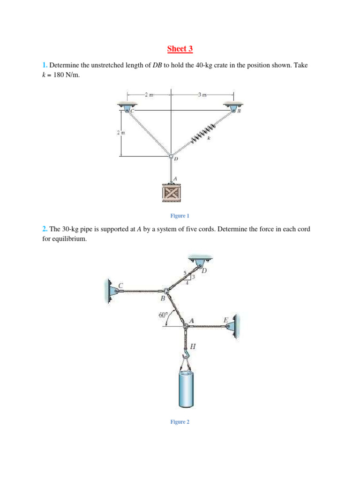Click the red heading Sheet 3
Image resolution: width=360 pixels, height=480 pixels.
coord(180,49)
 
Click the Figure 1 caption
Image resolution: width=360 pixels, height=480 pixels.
coord(180,216)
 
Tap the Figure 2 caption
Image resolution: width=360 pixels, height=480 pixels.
coord(180,422)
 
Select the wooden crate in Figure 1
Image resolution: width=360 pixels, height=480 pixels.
coord(171,193)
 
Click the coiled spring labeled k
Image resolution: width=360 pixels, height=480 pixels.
coord(203,132)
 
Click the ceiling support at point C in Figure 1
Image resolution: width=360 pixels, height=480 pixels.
coord(127,107)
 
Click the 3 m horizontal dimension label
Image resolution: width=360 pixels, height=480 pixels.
coord(202,95)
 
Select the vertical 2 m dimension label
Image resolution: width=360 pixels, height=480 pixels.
coord(120,133)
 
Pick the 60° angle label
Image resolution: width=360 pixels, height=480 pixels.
coord(163,315)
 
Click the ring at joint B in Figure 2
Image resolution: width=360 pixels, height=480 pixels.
coord(166,291)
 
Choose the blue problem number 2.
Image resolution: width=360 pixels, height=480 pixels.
coord(45,229)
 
